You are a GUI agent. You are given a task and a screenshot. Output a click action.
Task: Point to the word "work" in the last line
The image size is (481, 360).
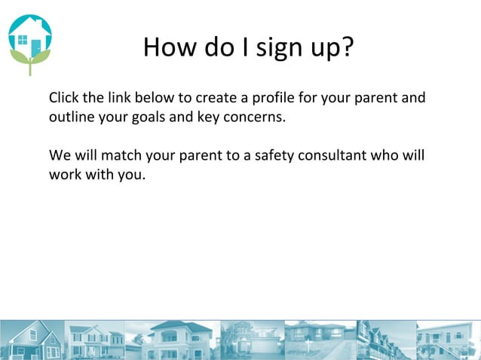point(64,175)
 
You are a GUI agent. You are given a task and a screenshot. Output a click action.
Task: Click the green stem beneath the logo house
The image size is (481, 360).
point(30,69)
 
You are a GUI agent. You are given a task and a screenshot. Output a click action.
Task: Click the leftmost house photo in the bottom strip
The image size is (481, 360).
point(32,340)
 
